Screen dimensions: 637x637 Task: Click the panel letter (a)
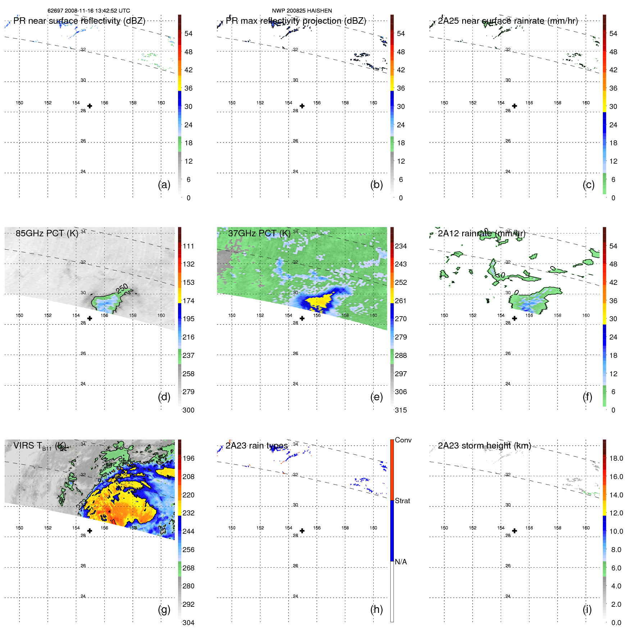(x=164, y=185)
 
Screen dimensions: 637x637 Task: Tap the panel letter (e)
(x=376, y=397)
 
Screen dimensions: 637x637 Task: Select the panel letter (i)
(x=587, y=609)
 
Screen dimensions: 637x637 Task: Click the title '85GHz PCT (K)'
(x=47, y=233)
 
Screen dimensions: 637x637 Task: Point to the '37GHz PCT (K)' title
(x=259, y=233)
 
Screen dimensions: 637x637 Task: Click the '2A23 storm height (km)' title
(x=484, y=446)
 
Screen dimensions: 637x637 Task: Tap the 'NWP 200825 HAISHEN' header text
(x=302, y=11)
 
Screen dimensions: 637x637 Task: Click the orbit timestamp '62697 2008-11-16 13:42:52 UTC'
(x=89, y=11)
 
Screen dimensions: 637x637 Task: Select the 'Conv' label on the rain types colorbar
(x=403, y=440)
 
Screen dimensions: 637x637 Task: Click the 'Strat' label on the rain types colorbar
(x=402, y=501)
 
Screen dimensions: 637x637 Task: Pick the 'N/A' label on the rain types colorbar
(x=401, y=562)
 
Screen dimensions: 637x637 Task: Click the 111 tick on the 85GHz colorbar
(x=188, y=246)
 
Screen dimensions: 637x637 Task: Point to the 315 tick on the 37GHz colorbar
(x=401, y=410)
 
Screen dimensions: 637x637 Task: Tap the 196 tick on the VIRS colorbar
(x=188, y=458)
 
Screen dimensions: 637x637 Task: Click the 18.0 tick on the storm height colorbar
(x=616, y=458)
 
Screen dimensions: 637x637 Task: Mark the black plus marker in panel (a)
(x=90, y=106)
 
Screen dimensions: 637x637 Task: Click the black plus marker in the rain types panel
(x=302, y=531)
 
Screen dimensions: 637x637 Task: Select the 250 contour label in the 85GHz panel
(x=122, y=288)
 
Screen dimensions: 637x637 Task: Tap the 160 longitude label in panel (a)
(x=161, y=103)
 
